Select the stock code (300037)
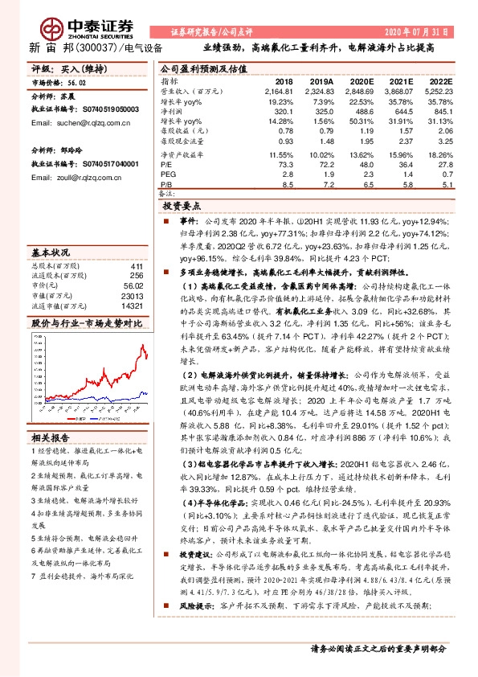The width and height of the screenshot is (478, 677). click(94, 47)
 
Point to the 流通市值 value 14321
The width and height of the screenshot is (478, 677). click(133, 306)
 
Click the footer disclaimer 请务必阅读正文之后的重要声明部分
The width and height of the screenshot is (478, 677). click(377, 647)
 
